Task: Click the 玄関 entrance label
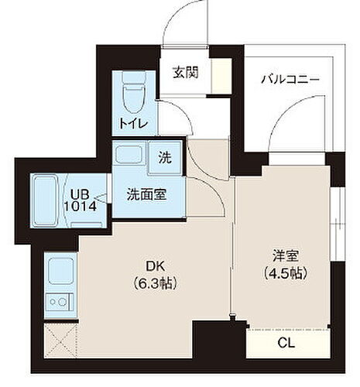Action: pos(183,75)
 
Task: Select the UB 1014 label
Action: pos(84,200)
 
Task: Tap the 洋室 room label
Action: pos(283,254)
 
